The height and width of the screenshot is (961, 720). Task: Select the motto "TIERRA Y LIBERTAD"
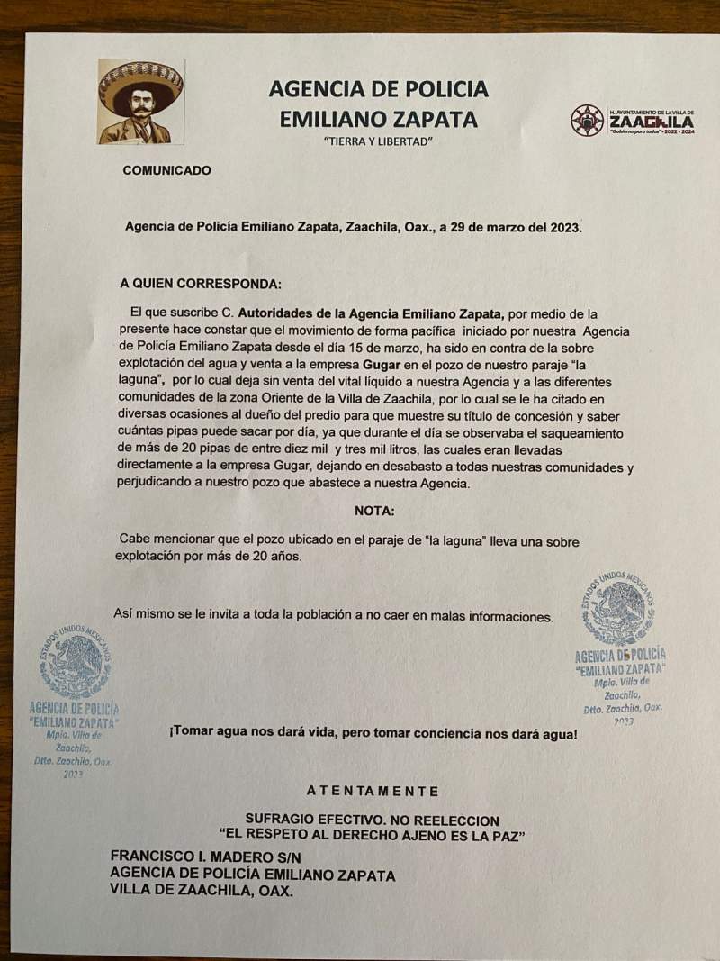tap(378, 142)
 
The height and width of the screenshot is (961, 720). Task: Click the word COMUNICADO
tap(166, 169)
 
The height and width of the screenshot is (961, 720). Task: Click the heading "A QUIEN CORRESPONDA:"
tap(201, 283)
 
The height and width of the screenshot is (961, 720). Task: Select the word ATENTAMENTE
tap(373, 791)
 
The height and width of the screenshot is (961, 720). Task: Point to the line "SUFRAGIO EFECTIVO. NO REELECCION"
tap(372, 820)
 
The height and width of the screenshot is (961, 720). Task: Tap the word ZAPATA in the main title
tap(430, 119)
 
